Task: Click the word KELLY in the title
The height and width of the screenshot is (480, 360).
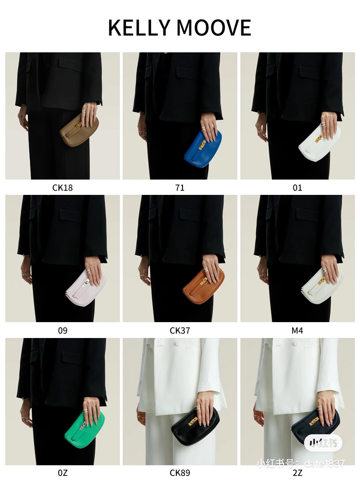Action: pos(139,27)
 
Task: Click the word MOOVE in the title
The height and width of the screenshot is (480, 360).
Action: pos(214,27)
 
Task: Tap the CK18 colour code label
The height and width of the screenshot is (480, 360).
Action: pos(62,188)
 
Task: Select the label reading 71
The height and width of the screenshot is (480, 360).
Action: pos(180,188)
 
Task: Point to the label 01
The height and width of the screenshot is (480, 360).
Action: pos(297,188)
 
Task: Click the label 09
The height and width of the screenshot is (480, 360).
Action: pos(62,331)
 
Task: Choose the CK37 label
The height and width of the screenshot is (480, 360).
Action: pos(180,331)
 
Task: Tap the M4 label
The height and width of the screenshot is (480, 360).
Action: pos(297,331)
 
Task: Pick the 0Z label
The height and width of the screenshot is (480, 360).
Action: pos(62,473)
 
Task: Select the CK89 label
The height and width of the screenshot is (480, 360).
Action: pos(180,473)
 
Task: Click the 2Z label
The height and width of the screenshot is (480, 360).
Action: pos(297,473)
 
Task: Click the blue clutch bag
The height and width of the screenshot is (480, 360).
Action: pos(203,149)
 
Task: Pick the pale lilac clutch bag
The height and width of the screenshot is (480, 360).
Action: pos(86,288)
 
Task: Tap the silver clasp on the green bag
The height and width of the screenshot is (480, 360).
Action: pos(83,425)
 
